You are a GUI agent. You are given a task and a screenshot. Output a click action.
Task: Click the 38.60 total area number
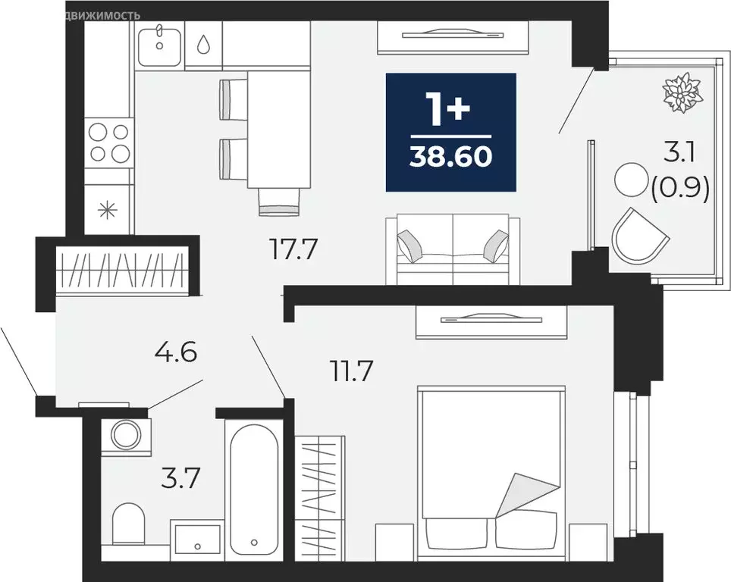(x=450, y=156)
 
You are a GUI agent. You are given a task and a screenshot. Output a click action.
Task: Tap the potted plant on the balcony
(x=679, y=92)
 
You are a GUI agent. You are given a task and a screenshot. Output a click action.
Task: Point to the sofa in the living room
(x=453, y=249)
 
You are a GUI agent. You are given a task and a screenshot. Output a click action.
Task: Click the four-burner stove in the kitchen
(x=108, y=142)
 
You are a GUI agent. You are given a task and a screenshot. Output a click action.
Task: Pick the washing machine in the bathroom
(x=124, y=435)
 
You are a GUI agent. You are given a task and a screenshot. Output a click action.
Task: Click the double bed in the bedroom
(x=491, y=470)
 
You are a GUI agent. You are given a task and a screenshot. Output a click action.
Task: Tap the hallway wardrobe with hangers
(x=121, y=270)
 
